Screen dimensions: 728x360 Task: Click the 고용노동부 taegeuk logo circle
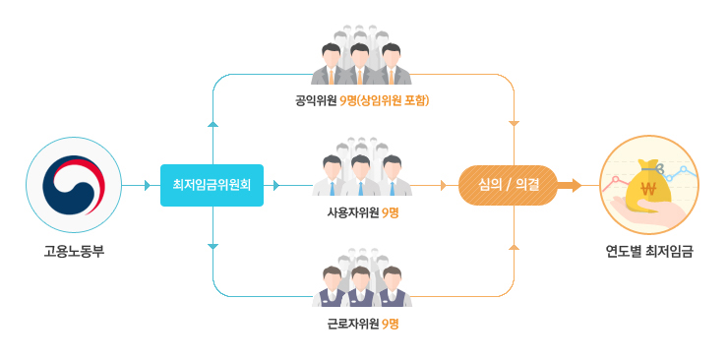coord(74,185)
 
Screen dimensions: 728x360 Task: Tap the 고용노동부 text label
coord(74,253)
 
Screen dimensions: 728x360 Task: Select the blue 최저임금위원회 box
coord(212,185)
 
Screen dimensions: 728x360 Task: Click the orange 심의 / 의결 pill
coord(508,185)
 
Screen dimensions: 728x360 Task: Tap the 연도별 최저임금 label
coord(649,253)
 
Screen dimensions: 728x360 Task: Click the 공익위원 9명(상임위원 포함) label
coord(362,100)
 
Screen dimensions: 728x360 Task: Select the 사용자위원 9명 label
coord(362,213)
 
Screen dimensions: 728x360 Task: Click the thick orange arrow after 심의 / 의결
coord(570,185)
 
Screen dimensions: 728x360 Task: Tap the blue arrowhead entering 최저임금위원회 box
coord(149,185)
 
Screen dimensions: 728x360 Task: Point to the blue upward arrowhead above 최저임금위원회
coord(212,123)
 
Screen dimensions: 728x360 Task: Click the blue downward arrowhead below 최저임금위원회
coord(212,246)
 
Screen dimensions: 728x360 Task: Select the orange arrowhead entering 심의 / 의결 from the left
coord(444,185)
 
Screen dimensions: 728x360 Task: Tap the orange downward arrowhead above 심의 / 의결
coord(514,123)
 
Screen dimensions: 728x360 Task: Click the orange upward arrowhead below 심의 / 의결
coord(514,246)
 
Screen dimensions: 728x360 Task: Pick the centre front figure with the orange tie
coord(361,64)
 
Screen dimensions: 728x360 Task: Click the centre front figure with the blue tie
coord(361,176)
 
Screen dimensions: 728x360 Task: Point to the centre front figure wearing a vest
coord(361,286)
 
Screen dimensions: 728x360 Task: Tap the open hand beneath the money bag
coord(650,211)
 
